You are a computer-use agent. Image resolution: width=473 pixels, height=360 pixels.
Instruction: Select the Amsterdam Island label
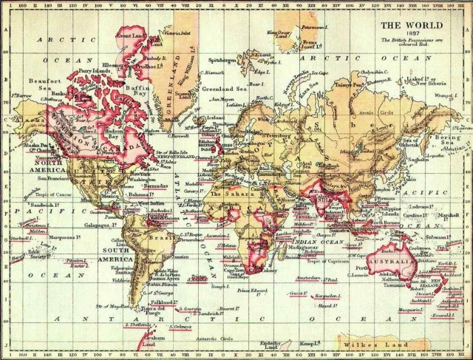coord(307,278)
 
